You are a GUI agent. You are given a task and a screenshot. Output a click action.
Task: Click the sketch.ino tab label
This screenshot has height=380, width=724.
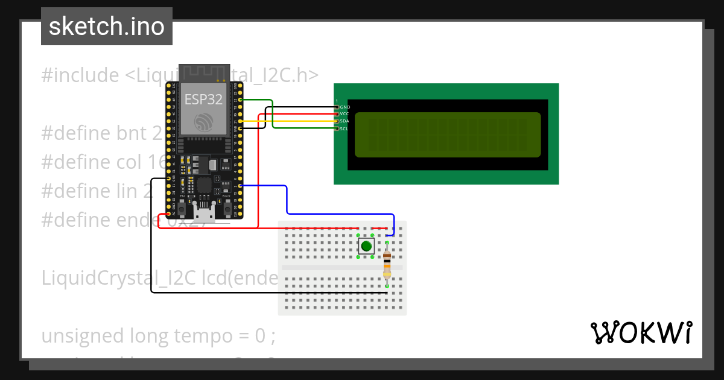click(x=106, y=27)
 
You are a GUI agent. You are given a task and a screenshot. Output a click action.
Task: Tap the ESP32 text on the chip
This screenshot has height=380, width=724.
click(x=203, y=99)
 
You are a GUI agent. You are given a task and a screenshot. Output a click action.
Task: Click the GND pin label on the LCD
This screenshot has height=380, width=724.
click(x=345, y=107)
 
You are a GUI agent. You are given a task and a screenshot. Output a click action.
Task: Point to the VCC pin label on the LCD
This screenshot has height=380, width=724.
click(x=345, y=114)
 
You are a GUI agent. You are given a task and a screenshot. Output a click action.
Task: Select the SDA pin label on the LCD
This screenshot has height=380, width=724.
click(x=345, y=121)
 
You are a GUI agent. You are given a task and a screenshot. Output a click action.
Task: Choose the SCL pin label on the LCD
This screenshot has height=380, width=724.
click(x=344, y=128)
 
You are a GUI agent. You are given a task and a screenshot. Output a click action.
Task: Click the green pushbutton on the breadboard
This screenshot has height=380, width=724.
click(x=366, y=245)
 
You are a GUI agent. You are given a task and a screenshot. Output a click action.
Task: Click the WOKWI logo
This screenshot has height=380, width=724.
click(x=641, y=333)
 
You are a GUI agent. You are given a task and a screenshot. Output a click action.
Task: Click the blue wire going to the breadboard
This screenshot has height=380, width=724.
click(x=287, y=199)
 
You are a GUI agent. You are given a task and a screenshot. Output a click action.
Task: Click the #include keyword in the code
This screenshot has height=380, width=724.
click(x=80, y=75)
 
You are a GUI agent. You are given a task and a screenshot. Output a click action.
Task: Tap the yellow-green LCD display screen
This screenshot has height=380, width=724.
click(x=447, y=135)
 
